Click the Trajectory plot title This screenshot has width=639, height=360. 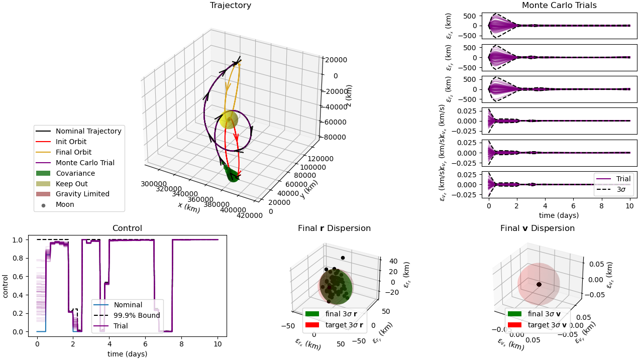[230, 6]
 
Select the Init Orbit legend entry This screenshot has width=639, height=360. [71, 142]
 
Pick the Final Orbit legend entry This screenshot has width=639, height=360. [73, 152]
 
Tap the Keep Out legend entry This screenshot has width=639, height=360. [68, 184]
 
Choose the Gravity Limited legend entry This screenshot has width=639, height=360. [82, 194]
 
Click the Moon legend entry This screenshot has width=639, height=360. [65, 204]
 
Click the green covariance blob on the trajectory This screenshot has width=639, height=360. [231, 174]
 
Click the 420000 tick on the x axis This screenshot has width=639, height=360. [250, 216]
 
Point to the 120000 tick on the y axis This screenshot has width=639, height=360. [319, 159]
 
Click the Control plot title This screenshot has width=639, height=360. [127, 228]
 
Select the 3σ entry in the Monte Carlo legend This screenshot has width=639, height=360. [620, 189]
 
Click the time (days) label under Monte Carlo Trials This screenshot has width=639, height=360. [559, 215]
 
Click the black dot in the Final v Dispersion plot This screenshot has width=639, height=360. [539, 284]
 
